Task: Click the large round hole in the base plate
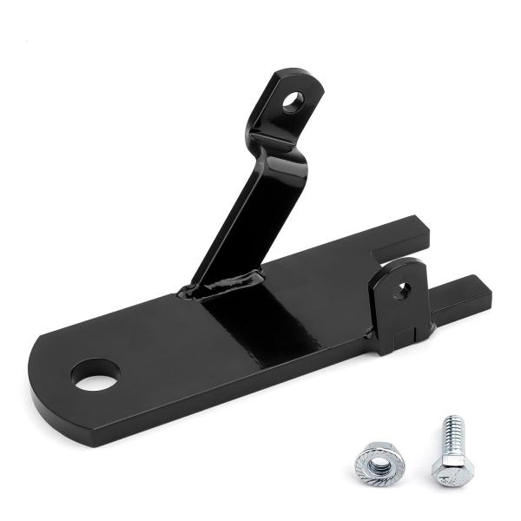[95, 374]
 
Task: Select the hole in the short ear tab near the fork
[402, 290]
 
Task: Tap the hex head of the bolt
[453, 472]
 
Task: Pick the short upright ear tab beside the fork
[399, 300]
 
